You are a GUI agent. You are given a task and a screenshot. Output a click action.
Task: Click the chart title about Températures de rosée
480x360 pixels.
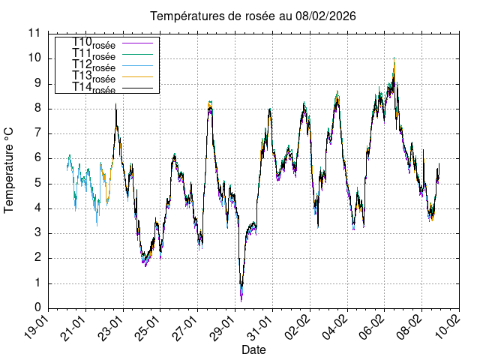(x=253, y=16)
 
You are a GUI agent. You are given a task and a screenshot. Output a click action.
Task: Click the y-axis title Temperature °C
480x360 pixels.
(x=10, y=170)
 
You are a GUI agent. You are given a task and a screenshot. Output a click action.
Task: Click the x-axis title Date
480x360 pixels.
(x=253, y=349)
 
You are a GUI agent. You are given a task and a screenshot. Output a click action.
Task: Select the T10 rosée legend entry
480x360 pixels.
(x=93, y=42)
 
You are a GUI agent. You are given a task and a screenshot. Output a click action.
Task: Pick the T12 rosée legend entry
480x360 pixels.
(x=93, y=64)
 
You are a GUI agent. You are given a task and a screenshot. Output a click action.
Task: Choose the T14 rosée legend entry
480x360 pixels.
(x=93, y=88)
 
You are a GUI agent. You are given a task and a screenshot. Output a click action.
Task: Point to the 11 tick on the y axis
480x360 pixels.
(x=34, y=33)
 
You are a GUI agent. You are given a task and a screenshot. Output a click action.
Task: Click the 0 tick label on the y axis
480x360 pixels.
(x=37, y=308)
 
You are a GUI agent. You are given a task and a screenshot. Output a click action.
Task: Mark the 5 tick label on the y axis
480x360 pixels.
(x=37, y=183)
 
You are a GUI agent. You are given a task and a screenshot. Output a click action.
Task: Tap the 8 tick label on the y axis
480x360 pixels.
(x=37, y=108)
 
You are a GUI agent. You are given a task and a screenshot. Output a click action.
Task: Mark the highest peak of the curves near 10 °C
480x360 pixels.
(x=394, y=60)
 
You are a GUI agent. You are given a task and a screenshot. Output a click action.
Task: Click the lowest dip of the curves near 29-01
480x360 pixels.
(x=241, y=298)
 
